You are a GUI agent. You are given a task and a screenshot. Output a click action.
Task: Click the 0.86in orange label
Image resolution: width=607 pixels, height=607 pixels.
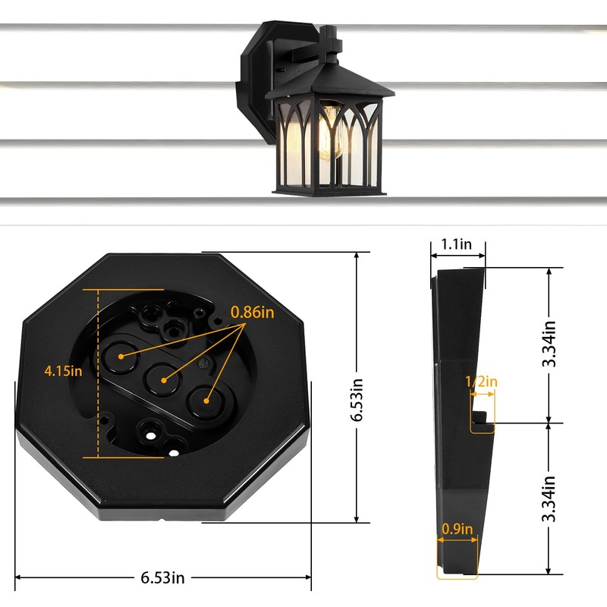253,312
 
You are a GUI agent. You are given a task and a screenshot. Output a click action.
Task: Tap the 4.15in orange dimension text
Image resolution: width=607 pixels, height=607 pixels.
63,371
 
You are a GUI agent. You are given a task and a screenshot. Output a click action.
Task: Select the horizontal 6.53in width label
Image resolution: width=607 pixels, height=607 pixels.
162,577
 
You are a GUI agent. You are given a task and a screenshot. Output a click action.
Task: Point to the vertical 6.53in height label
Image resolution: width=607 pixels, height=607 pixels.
356,400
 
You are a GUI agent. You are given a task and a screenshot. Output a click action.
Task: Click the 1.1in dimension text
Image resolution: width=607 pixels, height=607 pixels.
457,244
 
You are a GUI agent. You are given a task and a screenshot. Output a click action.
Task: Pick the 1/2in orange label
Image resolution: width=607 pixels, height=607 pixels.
481,382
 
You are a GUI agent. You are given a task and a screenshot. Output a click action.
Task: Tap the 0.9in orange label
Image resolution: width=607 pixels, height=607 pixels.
458,529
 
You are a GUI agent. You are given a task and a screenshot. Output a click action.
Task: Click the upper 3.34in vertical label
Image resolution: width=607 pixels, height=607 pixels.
549,344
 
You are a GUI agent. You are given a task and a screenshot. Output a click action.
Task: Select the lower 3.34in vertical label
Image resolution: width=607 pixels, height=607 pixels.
549,499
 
